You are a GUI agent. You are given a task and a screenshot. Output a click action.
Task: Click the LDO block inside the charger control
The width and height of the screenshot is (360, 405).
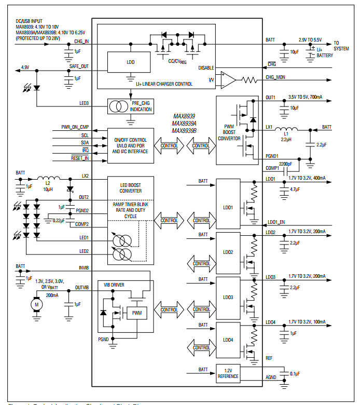[130, 62]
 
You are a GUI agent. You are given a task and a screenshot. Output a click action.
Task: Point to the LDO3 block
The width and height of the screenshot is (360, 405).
[228, 298]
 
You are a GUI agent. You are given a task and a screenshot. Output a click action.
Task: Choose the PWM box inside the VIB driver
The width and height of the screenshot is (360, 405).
[136, 313]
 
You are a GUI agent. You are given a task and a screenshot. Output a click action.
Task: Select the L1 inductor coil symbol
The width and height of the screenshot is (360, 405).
[286, 129]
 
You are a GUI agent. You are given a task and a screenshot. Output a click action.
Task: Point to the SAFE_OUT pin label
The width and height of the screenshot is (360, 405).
[79, 66]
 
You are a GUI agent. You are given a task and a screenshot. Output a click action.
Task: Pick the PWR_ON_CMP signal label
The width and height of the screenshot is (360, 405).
[75, 127]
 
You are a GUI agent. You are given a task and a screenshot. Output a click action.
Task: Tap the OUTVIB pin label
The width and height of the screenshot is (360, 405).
[82, 287]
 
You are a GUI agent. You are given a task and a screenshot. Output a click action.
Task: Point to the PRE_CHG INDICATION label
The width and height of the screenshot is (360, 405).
[141, 106]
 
